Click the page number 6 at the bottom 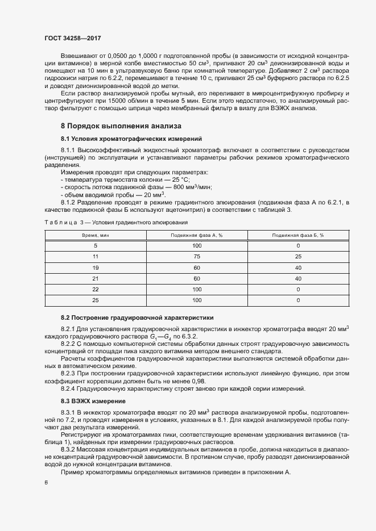46,483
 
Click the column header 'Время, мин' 96,235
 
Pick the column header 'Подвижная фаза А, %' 197,235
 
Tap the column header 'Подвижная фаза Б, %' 298,235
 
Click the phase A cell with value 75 197,256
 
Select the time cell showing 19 96,267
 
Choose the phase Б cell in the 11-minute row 298,256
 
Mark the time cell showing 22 96,289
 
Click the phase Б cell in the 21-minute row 298,278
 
